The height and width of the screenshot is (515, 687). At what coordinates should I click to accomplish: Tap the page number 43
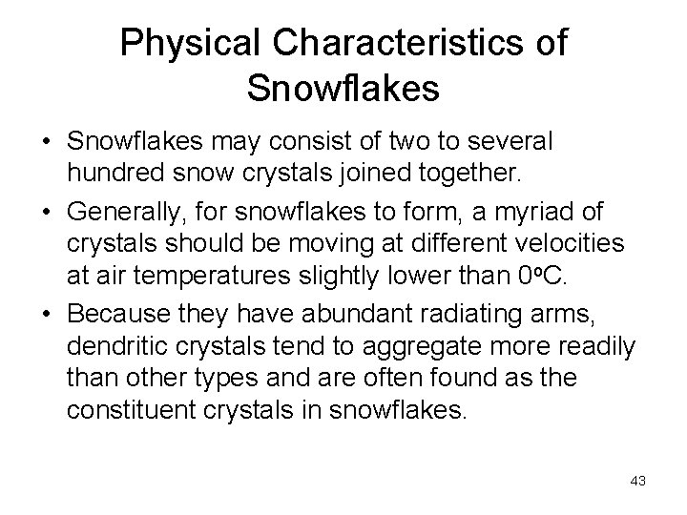tap(638, 481)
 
